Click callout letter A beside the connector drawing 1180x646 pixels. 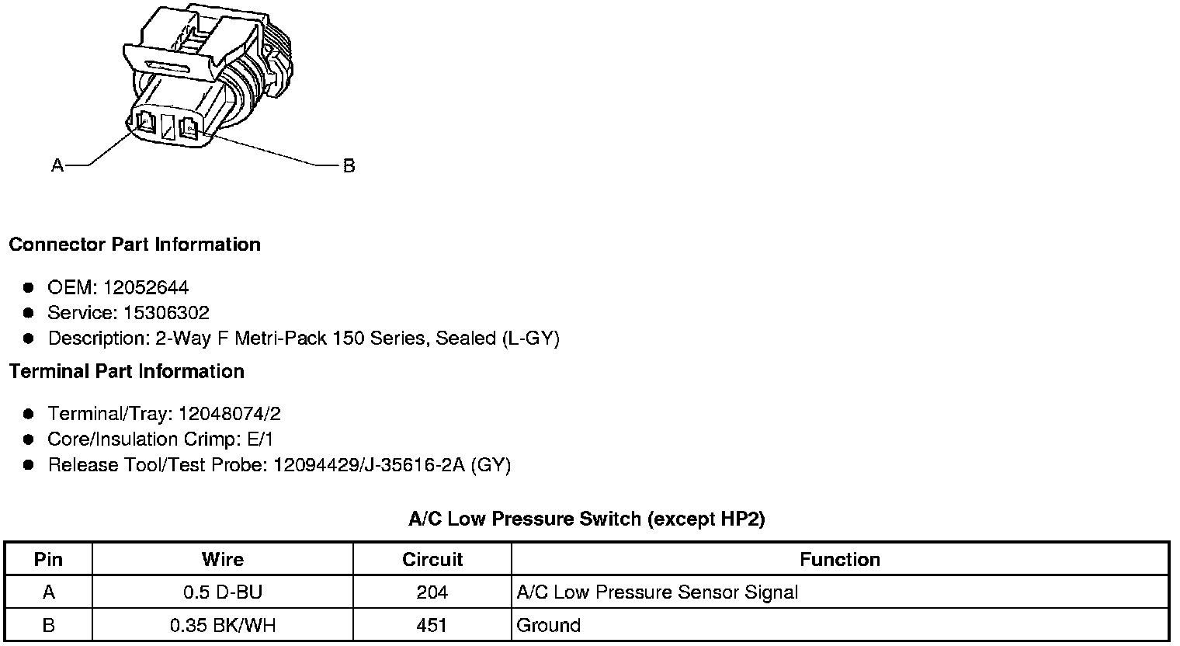point(57,165)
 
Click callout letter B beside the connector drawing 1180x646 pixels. point(349,165)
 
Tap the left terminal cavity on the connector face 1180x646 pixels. point(145,122)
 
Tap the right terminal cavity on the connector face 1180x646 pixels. point(189,128)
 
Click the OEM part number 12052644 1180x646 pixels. point(145,287)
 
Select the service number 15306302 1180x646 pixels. point(166,313)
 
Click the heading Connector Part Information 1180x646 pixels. point(134,245)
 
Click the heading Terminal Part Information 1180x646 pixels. point(127,372)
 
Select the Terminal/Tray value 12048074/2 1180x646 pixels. point(229,414)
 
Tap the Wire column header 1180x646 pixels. point(223,560)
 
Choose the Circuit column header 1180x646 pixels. point(432,560)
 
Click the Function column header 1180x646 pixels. point(840,560)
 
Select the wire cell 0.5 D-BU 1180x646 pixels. point(223,592)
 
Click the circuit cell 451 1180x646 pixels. point(432,625)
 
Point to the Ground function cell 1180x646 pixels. point(549,625)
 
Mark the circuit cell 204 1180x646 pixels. point(432,592)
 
